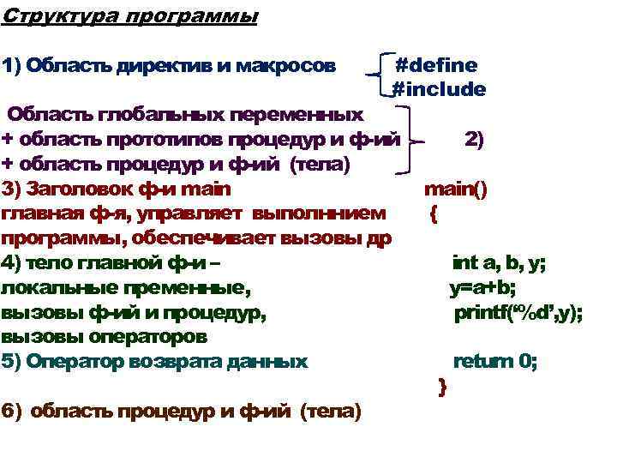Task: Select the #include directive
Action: tap(439, 89)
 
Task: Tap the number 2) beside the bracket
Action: tap(474, 140)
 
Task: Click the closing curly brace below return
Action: tap(442, 388)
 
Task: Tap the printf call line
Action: tap(518, 314)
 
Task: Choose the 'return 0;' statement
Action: tap(495, 362)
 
